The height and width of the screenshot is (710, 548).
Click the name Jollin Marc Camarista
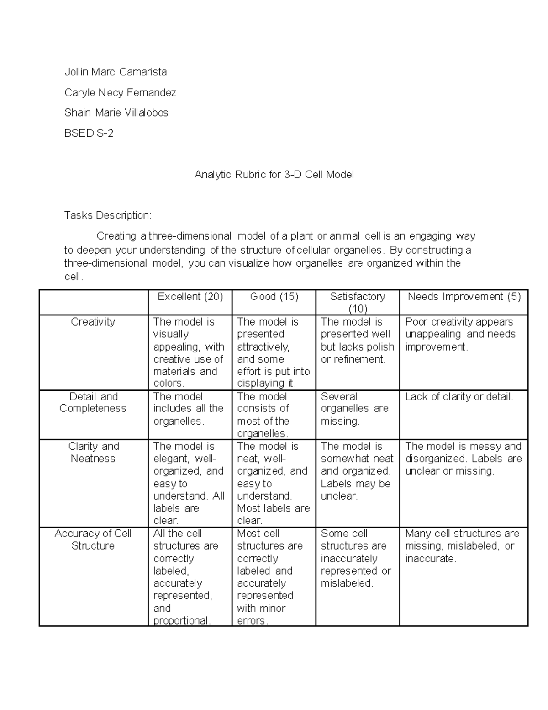tap(116, 72)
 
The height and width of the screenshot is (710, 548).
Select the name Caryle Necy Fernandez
tap(120, 92)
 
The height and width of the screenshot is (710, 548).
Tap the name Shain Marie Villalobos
tap(116, 112)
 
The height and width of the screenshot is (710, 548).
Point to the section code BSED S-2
tap(89, 133)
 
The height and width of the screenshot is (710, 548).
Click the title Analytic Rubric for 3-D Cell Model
tap(274, 175)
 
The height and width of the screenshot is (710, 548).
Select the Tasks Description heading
tap(107, 215)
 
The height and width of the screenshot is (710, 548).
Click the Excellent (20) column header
tap(190, 297)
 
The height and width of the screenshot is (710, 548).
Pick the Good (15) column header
tap(274, 297)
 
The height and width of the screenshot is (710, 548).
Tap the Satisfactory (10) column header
tap(358, 302)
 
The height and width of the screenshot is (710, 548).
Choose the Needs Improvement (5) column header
tap(464, 297)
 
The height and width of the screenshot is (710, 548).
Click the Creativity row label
tap(93, 322)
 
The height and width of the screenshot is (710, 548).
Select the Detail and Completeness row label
tap(93, 402)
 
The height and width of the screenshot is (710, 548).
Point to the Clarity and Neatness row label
tap(93, 452)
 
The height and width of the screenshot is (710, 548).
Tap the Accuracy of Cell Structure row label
tap(93, 539)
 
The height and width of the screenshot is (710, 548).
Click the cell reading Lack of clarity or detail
tap(459, 397)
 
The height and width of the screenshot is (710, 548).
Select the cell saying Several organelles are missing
tap(354, 409)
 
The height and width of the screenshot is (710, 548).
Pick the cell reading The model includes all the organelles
tap(188, 409)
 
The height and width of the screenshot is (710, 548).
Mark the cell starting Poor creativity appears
tap(460, 334)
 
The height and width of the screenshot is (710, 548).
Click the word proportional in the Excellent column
tap(181, 620)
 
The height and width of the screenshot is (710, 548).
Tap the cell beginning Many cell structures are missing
tap(462, 546)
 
